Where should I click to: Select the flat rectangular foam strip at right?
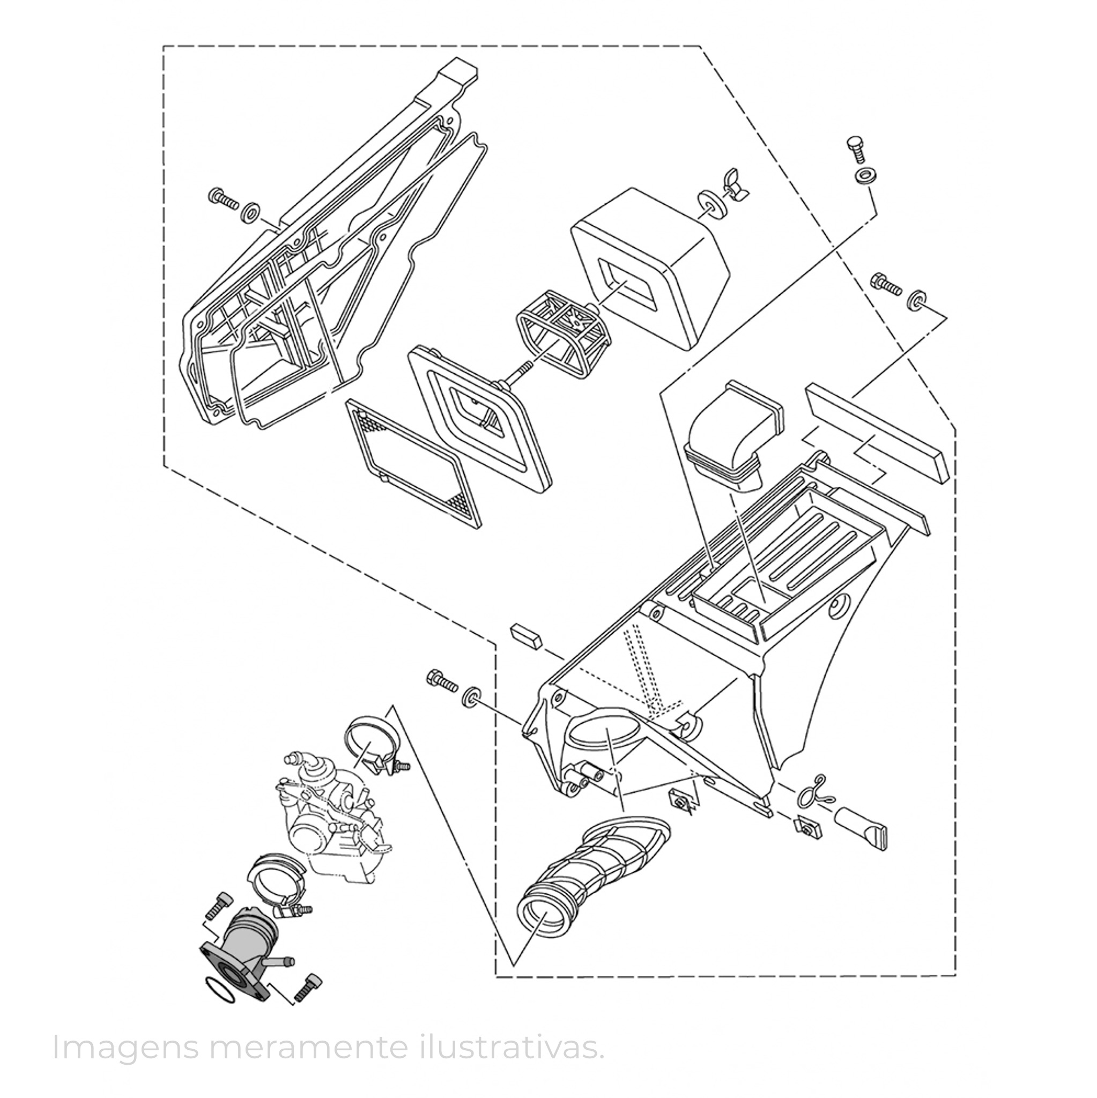pos(878,433)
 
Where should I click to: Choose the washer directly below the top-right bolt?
pos(863,177)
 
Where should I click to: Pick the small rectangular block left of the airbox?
pos(527,635)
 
